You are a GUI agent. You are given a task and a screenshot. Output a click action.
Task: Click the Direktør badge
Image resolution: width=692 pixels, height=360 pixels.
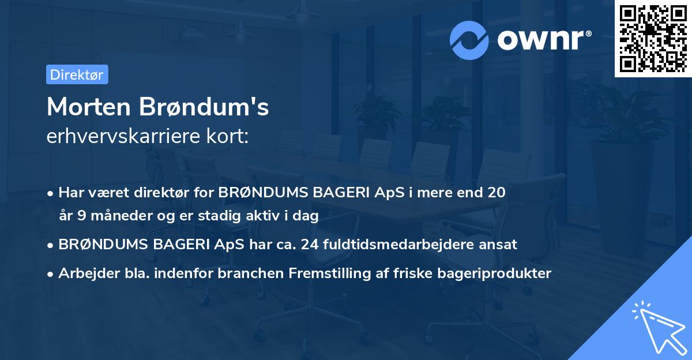tap(77, 74)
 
